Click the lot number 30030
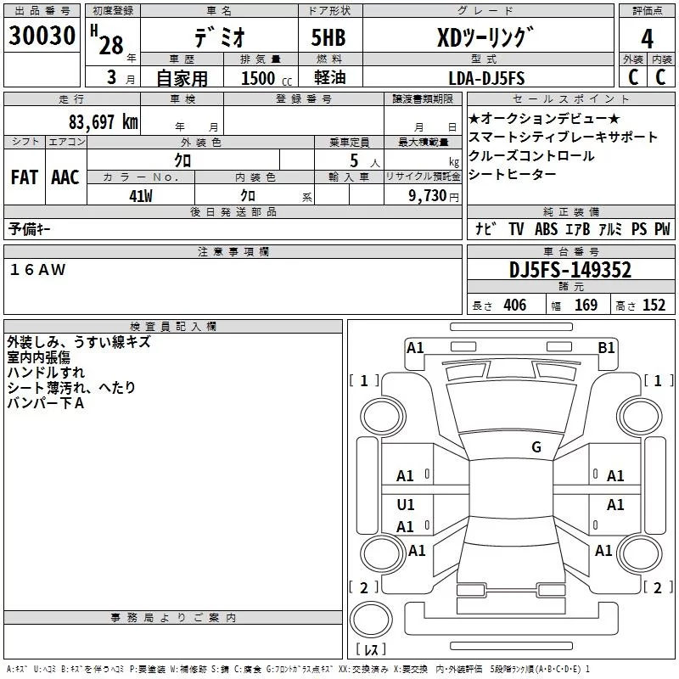(x=42, y=36)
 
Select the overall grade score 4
(x=648, y=38)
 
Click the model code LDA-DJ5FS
(x=486, y=78)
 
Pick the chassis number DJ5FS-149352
(x=570, y=270)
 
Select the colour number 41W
(x=141, y=195)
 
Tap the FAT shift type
(x=25, y=177)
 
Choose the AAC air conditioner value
(x=65, y=177)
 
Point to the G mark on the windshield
(x=536, y=447)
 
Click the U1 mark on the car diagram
(x=406, y=505)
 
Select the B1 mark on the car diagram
(x=606, y=347)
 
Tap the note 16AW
(x=37, y=269)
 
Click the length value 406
(x=514, y=306)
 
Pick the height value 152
(x=654, y=306)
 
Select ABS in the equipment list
(x=547, y=228)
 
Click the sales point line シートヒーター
(x=513, y=174)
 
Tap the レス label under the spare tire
(x=370, y=650)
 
